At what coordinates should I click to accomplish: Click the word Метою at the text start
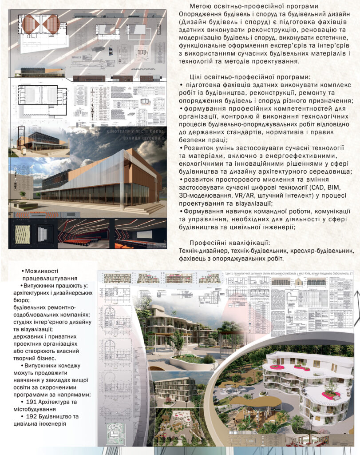200,6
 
